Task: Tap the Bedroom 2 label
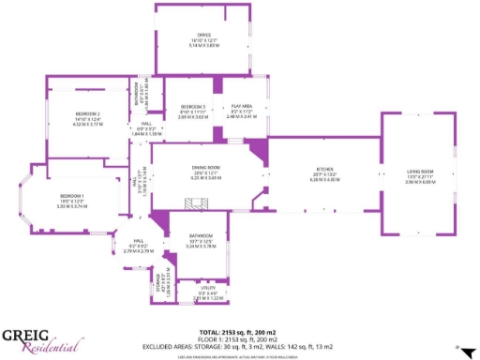[x=87, y=113]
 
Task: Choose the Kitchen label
[x=322, y=171]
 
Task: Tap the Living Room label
[x=420, y=172]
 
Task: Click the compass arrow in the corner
[x=462, y=349]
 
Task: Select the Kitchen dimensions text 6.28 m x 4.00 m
[x=322, y=180]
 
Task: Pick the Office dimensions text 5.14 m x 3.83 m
[x=203, y=45]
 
